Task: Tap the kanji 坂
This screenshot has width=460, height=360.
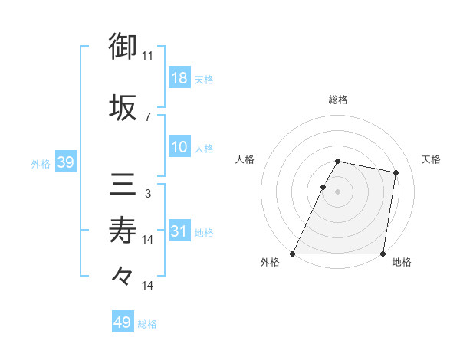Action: [123, 106]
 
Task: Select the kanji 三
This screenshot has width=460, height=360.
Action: [123, 185]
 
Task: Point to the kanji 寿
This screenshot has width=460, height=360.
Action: [123, 230]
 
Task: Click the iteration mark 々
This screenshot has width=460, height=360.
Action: [123, 274]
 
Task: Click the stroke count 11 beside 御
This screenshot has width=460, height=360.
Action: [148, 56]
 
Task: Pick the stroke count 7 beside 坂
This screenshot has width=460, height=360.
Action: [148, 116]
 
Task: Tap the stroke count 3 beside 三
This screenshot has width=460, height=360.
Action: [148, 194]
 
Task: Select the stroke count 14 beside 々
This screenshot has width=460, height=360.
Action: [148, 285]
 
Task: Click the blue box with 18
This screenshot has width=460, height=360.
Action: [179, 79]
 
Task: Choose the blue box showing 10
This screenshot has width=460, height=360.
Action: [179, 148]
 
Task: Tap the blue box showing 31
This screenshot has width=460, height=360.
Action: [179, 231]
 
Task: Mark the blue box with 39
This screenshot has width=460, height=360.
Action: [64, 163]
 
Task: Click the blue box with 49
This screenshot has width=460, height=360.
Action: [123, 322]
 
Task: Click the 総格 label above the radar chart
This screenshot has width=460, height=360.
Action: [338, 100]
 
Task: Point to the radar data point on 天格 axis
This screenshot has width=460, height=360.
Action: [396, 173]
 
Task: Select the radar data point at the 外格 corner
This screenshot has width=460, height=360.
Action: [293, 254]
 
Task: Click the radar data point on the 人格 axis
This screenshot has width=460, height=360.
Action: [323, 187]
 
